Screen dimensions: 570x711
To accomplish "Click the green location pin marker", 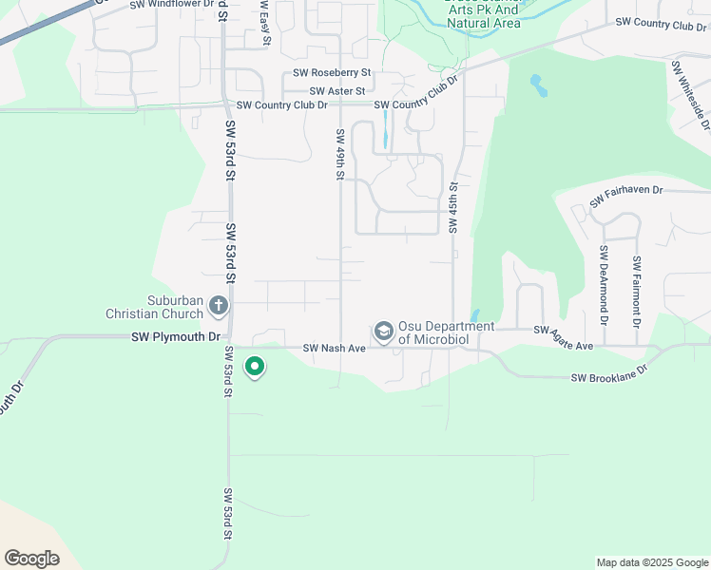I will click(254, 366).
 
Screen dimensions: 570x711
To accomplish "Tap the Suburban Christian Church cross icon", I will click(219, 306).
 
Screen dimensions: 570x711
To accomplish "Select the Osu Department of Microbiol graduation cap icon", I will click(384, 331).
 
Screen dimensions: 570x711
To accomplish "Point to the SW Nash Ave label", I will click(334, 349).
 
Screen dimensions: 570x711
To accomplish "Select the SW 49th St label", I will click(339, 154).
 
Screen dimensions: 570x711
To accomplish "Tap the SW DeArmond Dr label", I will click(603, 281).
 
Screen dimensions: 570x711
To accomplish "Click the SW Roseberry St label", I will click(332, 72).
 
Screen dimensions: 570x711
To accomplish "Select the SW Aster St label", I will click(331, 90).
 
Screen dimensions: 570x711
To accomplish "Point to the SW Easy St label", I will click(265, 23).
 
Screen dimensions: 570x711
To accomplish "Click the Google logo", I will click(31, 558).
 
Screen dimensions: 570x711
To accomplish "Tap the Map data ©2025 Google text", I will click(651, 562).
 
